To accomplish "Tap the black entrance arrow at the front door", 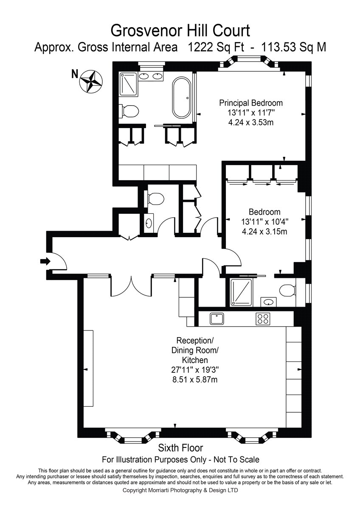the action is [45, 261].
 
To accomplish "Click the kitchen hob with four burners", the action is [263, 319].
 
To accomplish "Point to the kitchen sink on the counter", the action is [217, 319].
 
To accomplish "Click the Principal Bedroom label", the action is [251, 103].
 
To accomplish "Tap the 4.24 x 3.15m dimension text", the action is [264, 232].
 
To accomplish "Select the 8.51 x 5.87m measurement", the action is [195, 380].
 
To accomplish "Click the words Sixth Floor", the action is [180, 448].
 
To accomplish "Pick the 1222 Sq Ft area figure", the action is [216, 48].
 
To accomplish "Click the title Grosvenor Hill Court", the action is [180, 31].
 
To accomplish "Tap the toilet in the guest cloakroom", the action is [155, 199].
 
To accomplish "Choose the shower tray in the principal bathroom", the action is [129, 84].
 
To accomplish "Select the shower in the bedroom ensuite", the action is [242, 292].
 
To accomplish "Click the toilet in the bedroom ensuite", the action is [288, 291].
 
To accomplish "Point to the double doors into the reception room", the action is [131, 285].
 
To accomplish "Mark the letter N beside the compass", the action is [74, 74].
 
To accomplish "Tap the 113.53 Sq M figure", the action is [294, 48].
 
